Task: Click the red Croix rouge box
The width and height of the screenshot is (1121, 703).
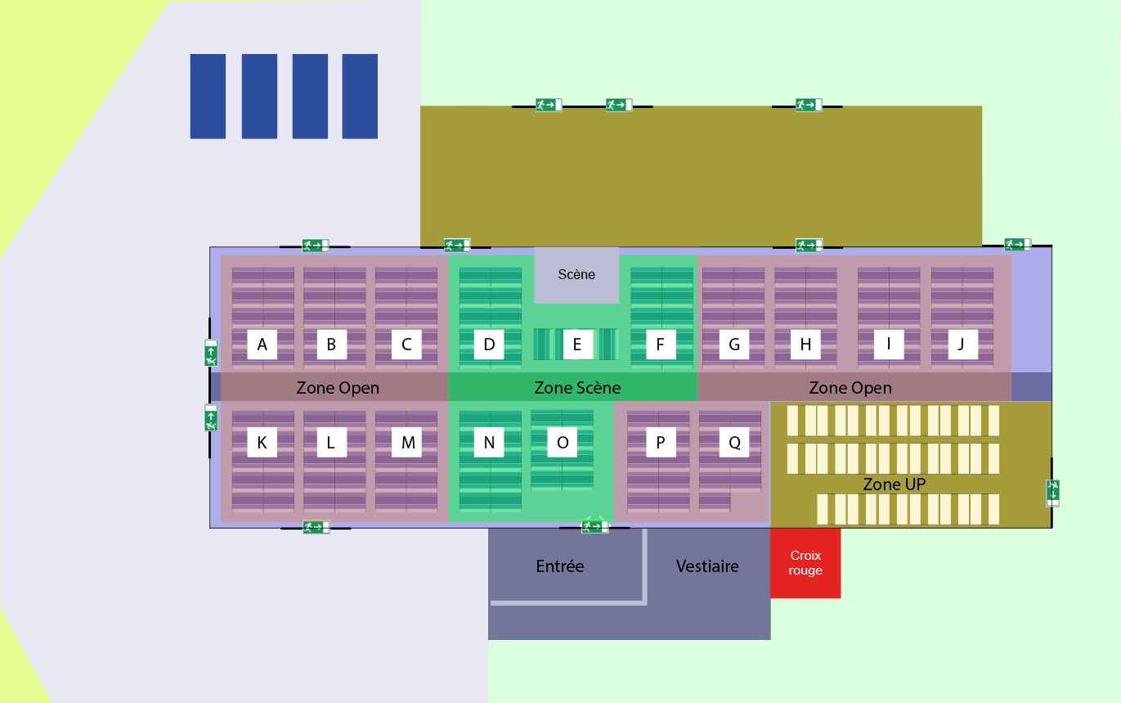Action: (805, 563)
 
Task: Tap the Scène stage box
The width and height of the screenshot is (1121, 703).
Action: (576, 275)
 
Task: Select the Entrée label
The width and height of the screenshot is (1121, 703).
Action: (560, 566)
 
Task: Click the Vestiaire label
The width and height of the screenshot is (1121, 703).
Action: (707, 566)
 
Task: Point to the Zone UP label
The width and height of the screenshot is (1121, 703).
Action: (894, 484)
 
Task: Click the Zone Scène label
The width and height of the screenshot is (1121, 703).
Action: (577, 387)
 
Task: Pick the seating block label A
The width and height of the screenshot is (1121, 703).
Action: (262, 345)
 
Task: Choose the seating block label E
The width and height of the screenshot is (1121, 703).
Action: (577, 345)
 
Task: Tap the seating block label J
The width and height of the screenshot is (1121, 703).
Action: (962, 345)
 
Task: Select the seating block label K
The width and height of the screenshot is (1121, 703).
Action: (262, 443)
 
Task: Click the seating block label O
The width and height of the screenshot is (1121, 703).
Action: (563, 443)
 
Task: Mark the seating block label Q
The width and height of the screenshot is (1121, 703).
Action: (734, 443)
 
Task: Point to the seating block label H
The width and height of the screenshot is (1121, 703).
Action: (805, 345)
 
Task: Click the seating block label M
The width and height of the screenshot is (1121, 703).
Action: (407, 443)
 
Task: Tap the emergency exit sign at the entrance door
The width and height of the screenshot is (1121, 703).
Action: (594, 526)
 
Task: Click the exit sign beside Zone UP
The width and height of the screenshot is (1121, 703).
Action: (1053, 493)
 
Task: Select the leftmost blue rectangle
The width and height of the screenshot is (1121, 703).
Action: (208, 96)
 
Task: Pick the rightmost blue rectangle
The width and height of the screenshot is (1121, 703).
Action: (360, 96)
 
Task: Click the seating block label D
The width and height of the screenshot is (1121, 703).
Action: (489, 345)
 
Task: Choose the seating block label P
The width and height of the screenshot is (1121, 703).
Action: (661, 443)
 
